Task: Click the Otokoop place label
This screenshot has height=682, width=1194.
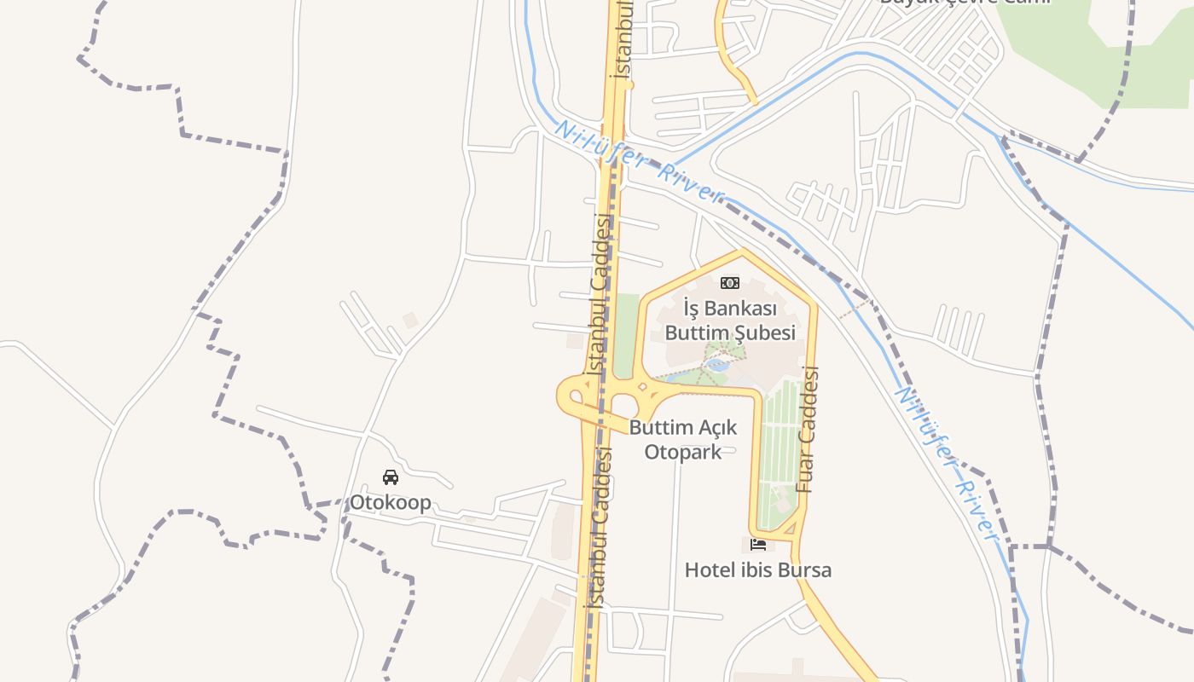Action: coord(390,502)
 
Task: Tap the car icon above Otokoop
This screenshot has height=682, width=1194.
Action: coord(391,477)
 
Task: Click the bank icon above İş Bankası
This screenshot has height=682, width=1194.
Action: coord(730,283)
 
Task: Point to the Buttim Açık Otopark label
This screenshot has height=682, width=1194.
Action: coord(683,439)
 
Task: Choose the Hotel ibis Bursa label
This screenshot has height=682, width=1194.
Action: coord(757,569)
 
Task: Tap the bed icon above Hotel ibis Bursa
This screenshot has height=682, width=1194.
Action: coord(758,544)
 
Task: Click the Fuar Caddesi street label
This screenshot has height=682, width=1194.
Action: coord(807,430)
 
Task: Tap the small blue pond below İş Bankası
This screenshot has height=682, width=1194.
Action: coord(717,365)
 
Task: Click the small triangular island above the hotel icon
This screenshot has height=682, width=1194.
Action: coord(790,529)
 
